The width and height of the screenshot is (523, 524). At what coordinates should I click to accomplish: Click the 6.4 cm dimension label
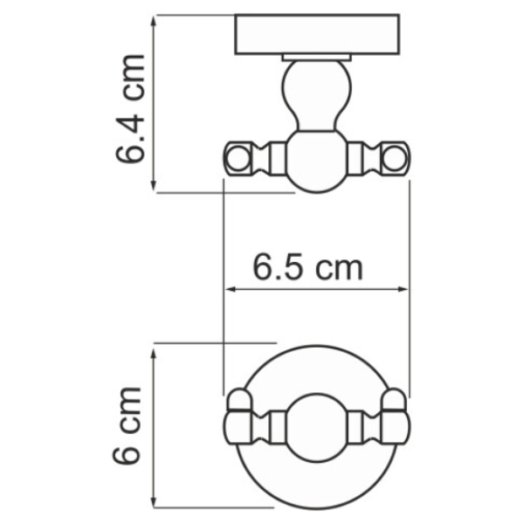(130, 108)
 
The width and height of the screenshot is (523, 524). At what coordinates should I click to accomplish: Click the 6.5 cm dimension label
(307, 267)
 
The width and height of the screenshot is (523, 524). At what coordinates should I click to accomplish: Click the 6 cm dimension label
(127, 425)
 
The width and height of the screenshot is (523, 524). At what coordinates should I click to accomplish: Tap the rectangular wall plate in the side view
(317, 34)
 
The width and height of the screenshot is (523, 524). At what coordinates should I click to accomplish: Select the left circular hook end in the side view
(238, 158)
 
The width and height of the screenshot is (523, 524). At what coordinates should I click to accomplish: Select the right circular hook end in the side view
(395, 158)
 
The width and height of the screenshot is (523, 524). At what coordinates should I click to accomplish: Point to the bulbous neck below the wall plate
(316, 95)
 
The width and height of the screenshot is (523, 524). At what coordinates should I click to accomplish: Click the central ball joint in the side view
(317, 162)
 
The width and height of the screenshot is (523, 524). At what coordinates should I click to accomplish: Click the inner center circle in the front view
(317, 428)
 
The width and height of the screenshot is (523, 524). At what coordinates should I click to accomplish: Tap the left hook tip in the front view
(238, 399)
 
